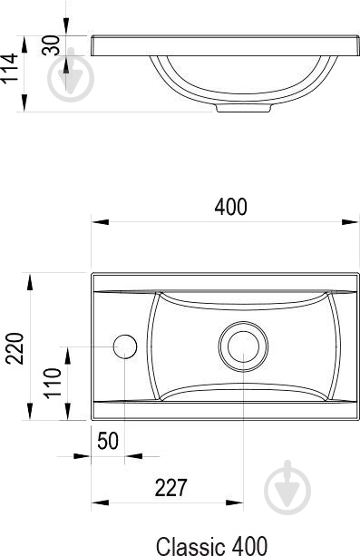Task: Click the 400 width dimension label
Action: point(230,207)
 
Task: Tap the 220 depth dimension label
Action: point(15,348)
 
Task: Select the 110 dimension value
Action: point(53,383)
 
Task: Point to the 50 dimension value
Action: point(108,441)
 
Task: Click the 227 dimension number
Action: point(170,488)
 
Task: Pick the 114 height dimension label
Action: point(9,69)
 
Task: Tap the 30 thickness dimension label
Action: point(51,45)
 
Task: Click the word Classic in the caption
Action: point(190,546)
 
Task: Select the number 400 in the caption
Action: point(248,546)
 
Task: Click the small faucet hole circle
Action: point(125,346)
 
